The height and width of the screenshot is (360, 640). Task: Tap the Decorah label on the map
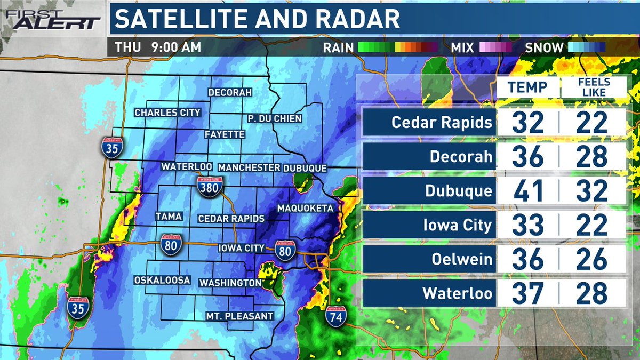click(230, 92)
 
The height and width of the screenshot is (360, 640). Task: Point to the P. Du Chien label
click(275, 118)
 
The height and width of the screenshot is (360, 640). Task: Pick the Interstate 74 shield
click(337, 315)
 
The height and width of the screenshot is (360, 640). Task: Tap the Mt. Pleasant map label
click(240, 316)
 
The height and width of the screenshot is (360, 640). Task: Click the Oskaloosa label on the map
click(162, 279)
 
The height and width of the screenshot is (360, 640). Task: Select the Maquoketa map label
click(305, 207)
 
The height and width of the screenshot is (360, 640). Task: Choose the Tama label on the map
click(169, 217)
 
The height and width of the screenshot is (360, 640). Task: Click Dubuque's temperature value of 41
click(527, 190)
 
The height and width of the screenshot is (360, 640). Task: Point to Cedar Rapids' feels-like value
click(592, 123)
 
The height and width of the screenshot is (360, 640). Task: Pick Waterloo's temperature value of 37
click(527, 293)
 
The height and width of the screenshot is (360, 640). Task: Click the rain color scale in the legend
click(398, 47)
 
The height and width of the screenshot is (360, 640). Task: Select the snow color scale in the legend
click(586, 47)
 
